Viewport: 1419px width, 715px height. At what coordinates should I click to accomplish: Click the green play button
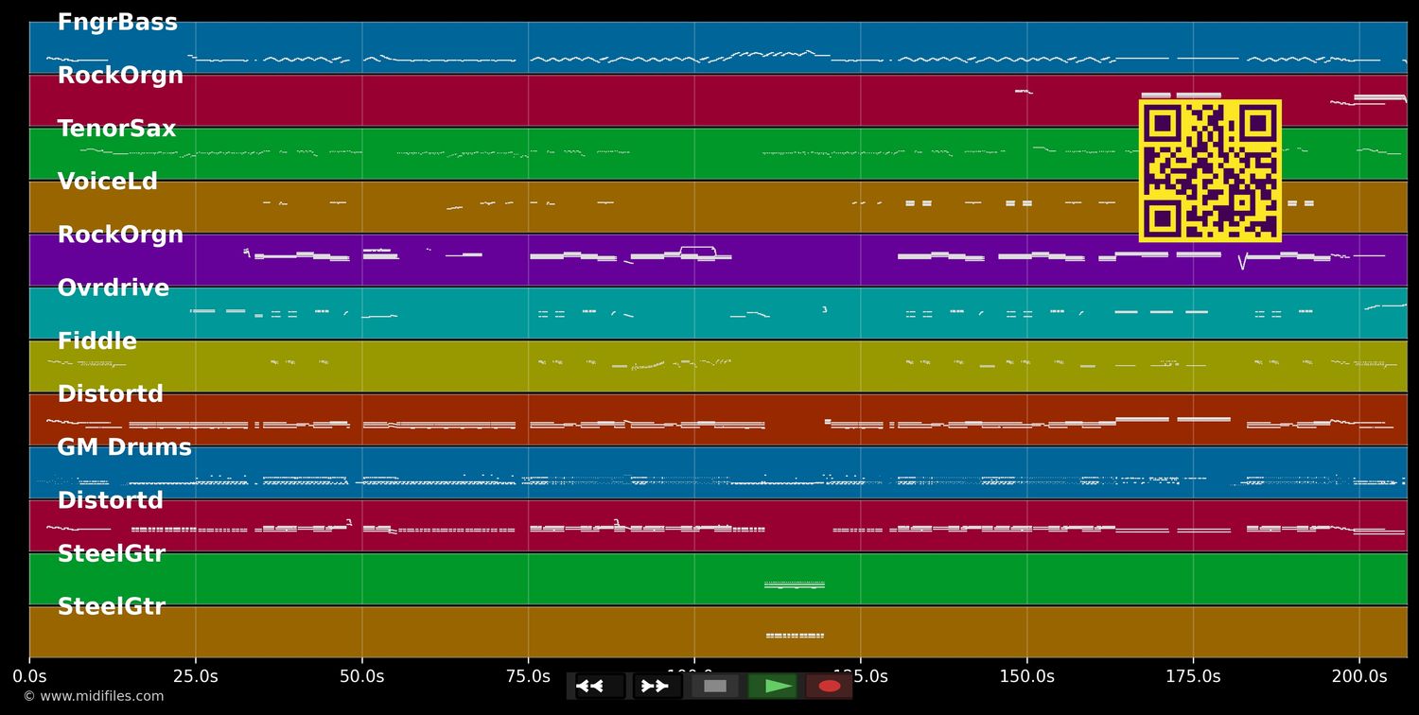[x=779, y=686]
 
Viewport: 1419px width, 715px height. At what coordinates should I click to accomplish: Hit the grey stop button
[x=715, y=686]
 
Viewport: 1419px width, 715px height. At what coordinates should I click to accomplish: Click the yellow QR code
[x=1210, y=170]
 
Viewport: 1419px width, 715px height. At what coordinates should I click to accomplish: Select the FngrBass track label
[x=117, y=23]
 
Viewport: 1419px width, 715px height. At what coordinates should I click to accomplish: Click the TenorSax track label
[x=116, y=129]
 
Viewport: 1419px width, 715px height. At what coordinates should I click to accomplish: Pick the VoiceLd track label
[x=107, y=182]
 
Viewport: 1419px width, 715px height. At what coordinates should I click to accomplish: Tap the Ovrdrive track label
[x=113, y=288]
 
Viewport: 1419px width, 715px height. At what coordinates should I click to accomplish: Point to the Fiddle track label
[x=96, y=341]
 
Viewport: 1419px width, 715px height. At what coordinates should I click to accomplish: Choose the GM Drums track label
[x=124, y=447]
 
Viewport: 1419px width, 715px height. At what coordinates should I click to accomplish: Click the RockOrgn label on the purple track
[x=120, y=235]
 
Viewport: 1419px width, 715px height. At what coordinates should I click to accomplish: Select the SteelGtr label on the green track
[x=111, y=554]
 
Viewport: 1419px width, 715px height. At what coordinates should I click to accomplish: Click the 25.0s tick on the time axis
[x=196, y=676]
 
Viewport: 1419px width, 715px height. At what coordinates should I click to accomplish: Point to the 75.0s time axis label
[x=528, y=676]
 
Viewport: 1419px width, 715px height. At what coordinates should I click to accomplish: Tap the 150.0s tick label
[x=1026, y=676]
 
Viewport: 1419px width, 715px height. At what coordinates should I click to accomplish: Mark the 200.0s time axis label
[x=1358, y=676]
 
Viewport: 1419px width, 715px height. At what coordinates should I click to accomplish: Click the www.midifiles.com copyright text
[x=93, y=696]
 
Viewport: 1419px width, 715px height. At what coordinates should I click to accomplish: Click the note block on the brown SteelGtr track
[x=795, y=636]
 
